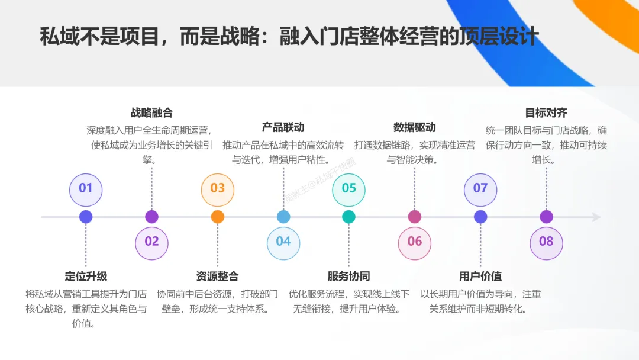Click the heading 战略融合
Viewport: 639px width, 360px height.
tap(151, 113)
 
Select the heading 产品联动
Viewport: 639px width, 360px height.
tap(283, 127)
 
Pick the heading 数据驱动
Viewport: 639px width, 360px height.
tap(415, 127)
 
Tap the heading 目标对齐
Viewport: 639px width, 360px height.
tap(546, 113)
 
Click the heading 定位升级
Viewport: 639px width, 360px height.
tap(86, 276)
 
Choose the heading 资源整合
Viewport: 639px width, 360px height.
tap(218, 276)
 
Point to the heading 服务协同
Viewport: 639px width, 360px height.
tap(349, 276)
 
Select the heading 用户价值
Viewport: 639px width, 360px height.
tap(480, 276)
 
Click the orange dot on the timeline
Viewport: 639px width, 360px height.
tap(218, 217)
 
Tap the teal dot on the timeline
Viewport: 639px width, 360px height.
tap(349, 217)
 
